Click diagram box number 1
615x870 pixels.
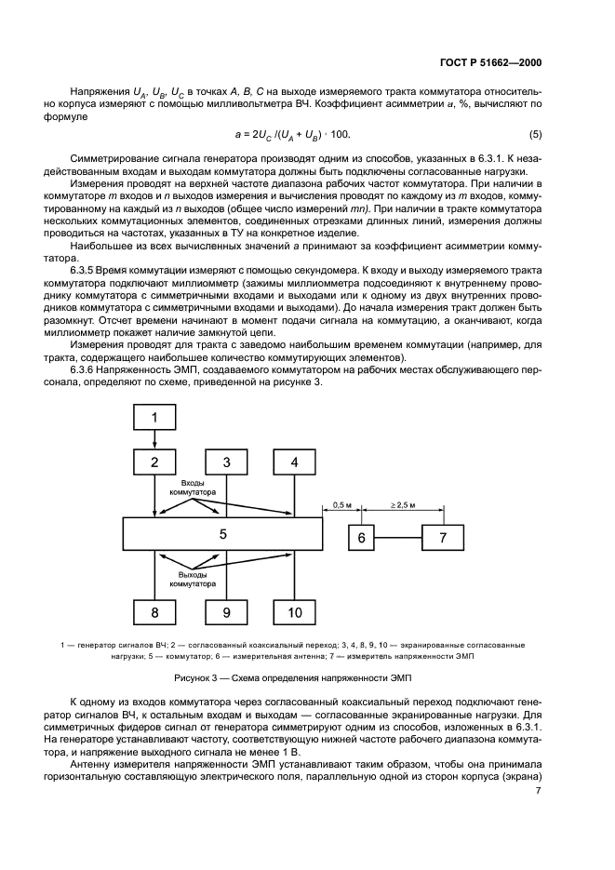[x=154, y=418]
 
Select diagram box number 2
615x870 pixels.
[x=154, y=462]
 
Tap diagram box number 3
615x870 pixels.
[x=225, y=462]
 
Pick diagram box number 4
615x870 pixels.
[x=295, y=462]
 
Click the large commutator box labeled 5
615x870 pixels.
[x=223, y=534]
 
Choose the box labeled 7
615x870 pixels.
[x=443, y=538]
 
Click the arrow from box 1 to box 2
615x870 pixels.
[x=154, y=439]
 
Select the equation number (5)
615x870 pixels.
[x=535, y=135]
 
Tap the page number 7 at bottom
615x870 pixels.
[x=539, y=791]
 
